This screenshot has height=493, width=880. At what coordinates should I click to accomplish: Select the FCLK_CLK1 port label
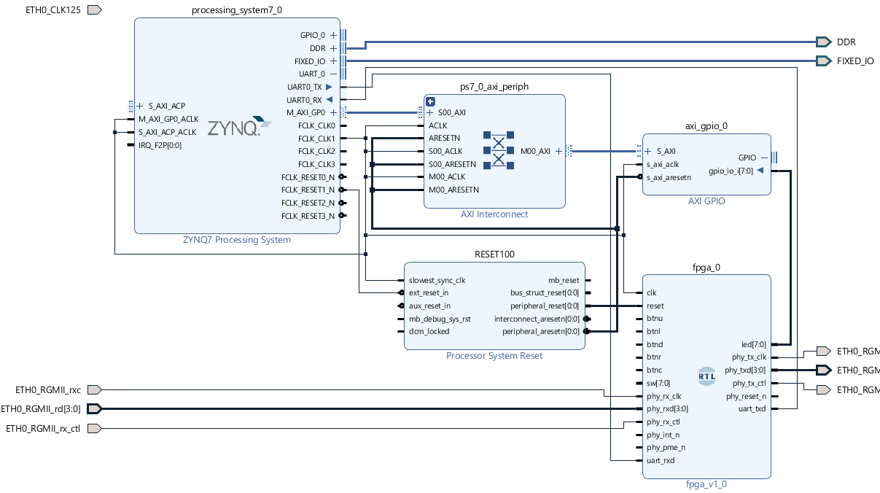point(316,139)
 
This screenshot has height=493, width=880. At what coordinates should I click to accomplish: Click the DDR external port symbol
point(823,42)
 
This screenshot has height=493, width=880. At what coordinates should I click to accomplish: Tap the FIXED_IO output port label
point(854,61)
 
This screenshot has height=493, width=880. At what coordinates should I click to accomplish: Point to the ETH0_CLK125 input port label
point(52,10)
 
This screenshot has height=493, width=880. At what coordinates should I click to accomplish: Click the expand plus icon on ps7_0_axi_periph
point(430,101)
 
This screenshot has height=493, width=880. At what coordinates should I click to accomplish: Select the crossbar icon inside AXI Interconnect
point(498,150)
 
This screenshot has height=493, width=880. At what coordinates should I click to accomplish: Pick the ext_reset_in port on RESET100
point(429,293)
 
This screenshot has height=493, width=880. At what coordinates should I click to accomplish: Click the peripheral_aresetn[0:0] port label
point(540,332)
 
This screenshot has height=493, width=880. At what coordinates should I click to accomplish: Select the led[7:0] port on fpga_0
point(753,344)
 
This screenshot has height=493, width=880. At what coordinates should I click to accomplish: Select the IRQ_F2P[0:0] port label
point(160,145)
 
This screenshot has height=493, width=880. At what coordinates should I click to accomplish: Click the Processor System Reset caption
point(494,356)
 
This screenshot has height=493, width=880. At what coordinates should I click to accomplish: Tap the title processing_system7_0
point(236,10)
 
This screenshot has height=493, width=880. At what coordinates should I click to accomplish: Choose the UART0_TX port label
point(304,87)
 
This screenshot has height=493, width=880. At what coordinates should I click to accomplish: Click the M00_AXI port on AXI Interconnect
point(535,151)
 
